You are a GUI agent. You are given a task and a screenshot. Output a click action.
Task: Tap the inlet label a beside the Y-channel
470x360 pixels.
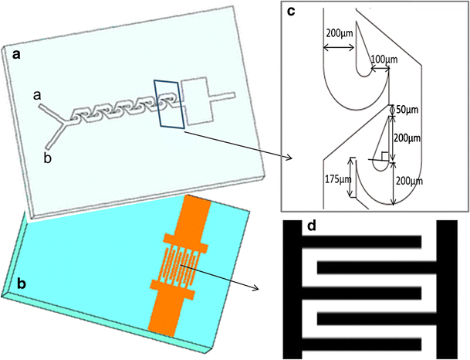tap(36, 94)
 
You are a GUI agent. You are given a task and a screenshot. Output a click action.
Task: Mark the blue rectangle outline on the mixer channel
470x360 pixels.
tap(168, 104)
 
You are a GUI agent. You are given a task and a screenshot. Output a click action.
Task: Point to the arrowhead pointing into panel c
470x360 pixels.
tap(289, 158)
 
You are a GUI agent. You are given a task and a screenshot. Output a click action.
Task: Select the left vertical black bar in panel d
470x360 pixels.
tap(293, 290)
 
